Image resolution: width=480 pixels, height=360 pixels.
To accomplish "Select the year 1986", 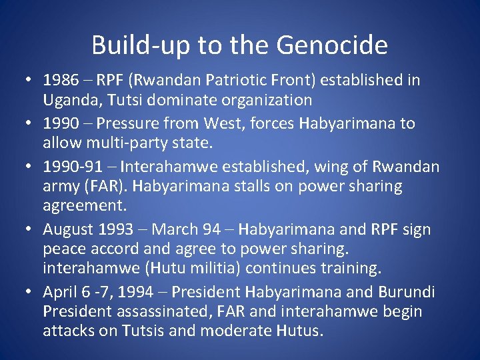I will (x=60, y=81).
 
